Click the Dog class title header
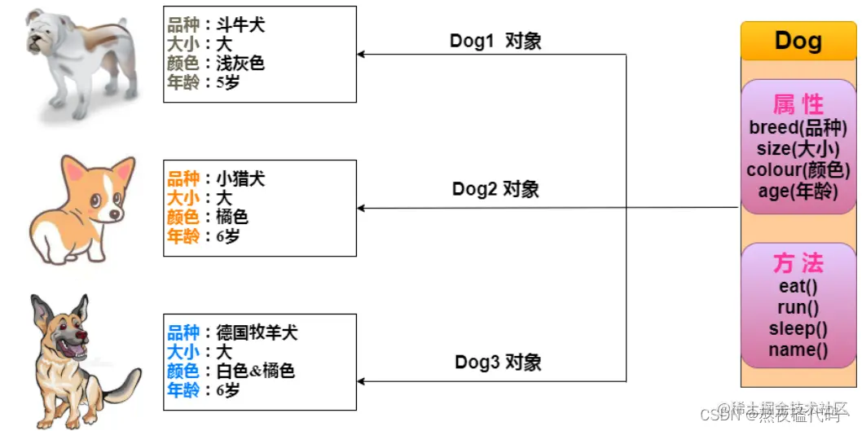(798, 40)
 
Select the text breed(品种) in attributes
(798, 128)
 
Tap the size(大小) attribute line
(798, 149)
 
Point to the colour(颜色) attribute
(798, 170)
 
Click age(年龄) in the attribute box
(798, 191)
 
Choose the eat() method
(798, 286)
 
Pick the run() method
(798, 307)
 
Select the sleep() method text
(798, 328)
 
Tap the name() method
(798, 350)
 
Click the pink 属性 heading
(798, 104)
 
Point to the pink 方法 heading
(798, 263)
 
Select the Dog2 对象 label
(495, 190)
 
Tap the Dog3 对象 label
(498, 362)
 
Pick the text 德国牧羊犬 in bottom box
(257, 332)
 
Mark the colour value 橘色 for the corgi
(232, 217)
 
